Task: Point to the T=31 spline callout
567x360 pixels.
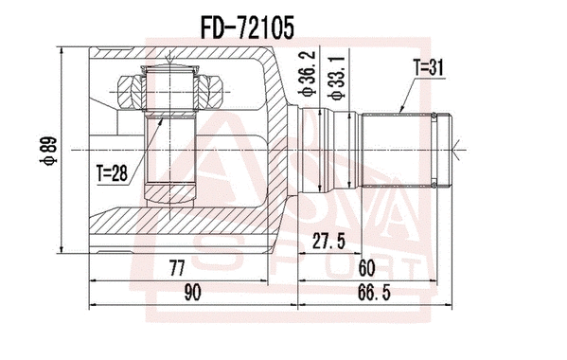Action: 428,67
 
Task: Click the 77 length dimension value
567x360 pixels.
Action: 176,268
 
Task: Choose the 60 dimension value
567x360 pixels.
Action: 365,268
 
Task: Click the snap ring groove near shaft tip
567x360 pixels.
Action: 434,147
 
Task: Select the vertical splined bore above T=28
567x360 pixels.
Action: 170,152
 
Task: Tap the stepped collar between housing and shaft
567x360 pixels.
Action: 322,147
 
